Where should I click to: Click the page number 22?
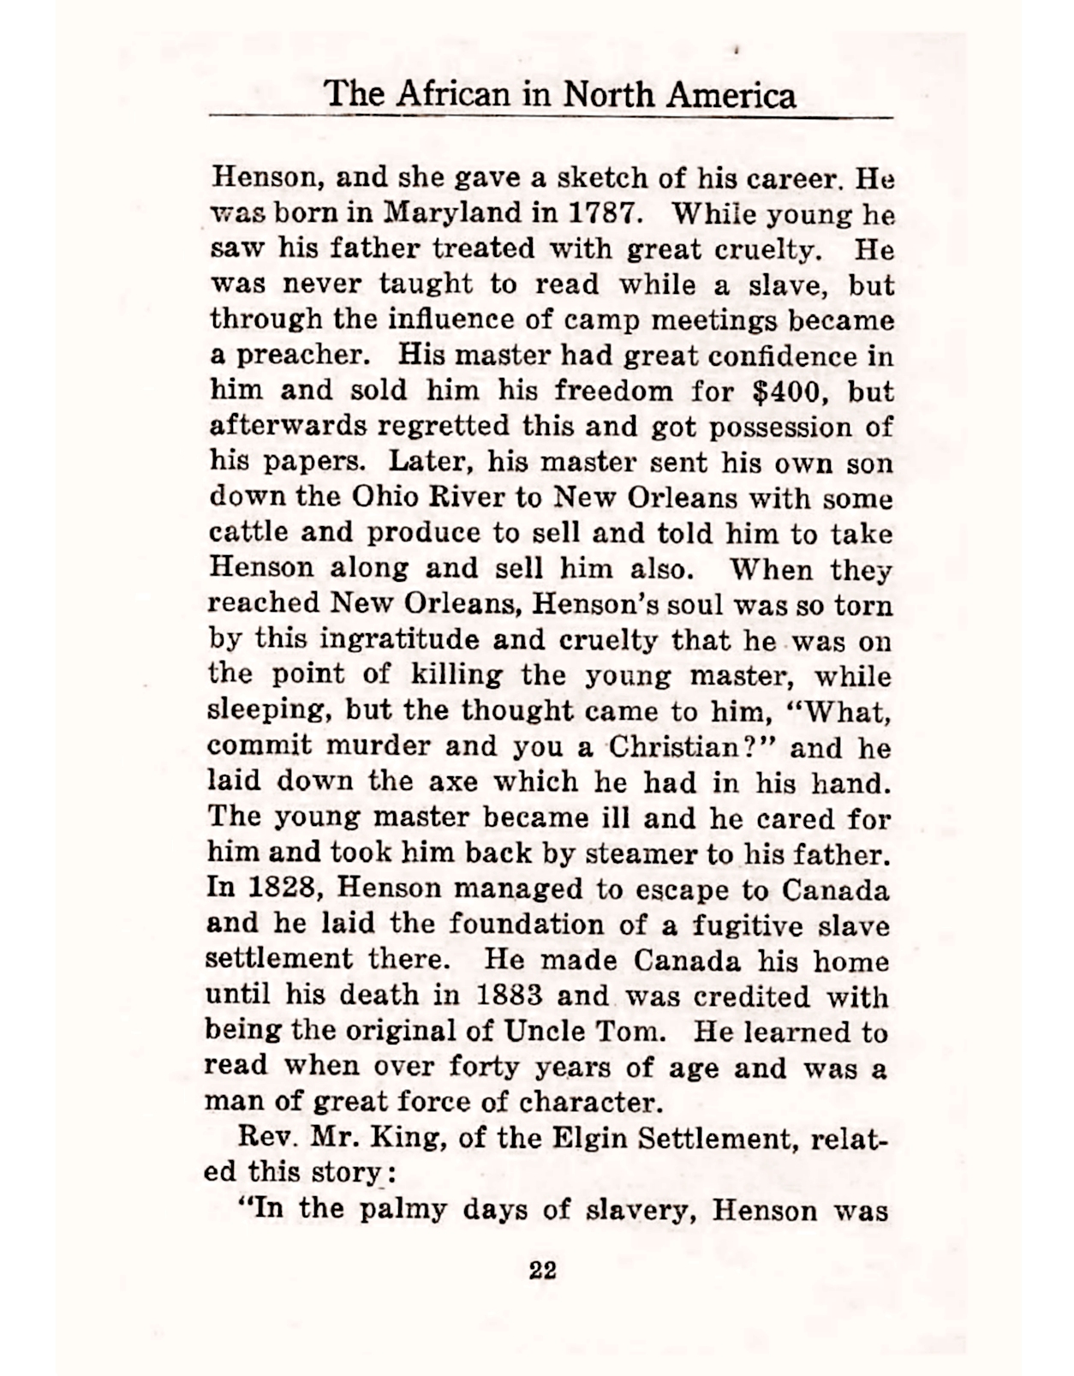[543, 1270]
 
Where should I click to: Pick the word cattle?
[248, 533]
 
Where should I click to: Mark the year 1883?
[509, 996]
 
